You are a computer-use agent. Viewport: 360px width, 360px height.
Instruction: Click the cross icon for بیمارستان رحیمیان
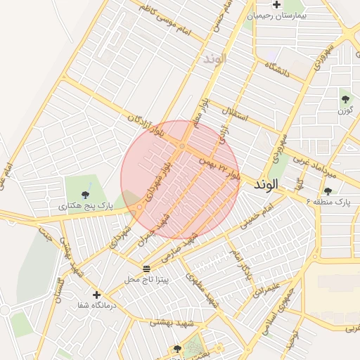pyautogui.click(x=257, y=4)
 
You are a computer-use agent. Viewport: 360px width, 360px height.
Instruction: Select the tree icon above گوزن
pyautogui.click(x=345, y=98)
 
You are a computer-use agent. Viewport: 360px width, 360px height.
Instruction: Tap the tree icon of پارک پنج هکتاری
pyautogui.click(x=85, y=194)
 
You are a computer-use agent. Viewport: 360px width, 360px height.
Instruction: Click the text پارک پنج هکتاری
pyautogui.click(x=85, y=206)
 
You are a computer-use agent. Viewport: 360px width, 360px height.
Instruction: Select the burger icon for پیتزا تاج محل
pyautogui.click(x=146, y=269)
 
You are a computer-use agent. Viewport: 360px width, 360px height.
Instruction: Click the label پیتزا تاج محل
pyautogui.click(x=146, y=280)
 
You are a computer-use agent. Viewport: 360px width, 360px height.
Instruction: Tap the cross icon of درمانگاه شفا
pyautogui.click(x=96, y=295)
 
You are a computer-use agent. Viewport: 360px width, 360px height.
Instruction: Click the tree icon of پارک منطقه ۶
pyautogui.click(x=328, y=191)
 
